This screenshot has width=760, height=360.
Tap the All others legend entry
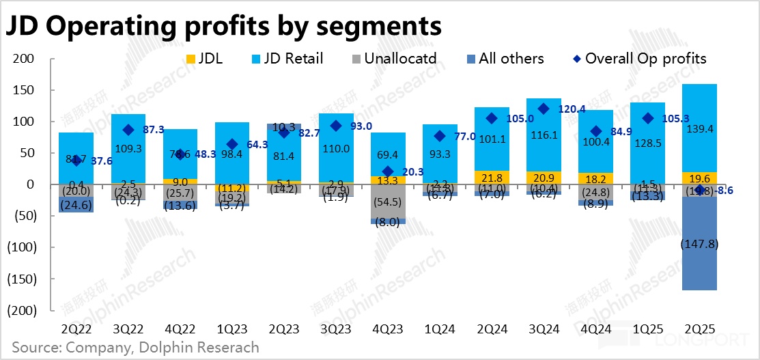[x=503, y=59]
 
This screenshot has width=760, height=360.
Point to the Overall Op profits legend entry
[x=638, y=59]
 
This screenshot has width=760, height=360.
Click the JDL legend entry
[x=204, y=59]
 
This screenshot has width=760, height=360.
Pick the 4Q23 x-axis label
[x=387, y=329]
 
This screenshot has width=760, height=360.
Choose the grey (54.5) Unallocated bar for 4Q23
[x=387, y=202]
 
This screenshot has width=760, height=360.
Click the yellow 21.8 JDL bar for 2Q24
[x=492, y=178]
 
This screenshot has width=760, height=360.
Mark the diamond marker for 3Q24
[x=544, y=109]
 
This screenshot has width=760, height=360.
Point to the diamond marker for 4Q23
[x=387, y=171]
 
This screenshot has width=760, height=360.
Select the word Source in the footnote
[x=33, y=347]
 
